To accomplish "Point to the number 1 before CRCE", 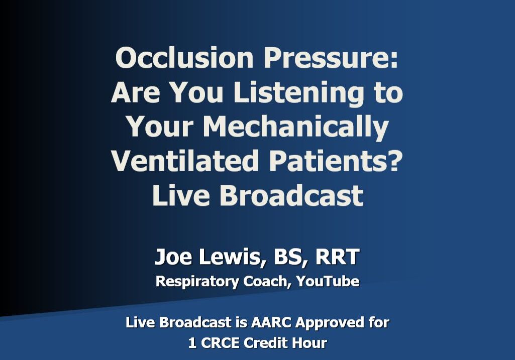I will point(192,343).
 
